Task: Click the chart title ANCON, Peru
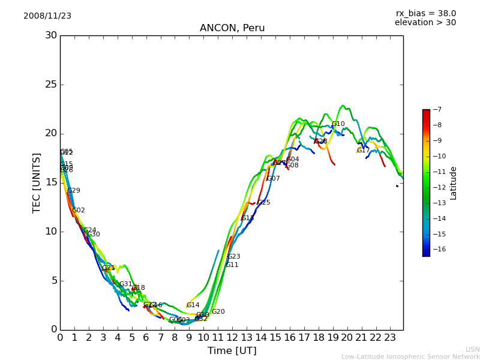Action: [x=232, y=28]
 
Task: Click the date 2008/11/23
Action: [x=47, y=16]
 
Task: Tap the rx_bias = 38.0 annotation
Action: [x=425, y=14]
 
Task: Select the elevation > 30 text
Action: [x=425, y=23]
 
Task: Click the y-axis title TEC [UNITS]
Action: [x=37, y=182]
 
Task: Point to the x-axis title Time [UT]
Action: [x=232, y=351]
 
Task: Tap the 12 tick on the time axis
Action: [x=232, y=338]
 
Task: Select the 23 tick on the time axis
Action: [x=390, y=338]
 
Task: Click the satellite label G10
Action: [x=338, y=124]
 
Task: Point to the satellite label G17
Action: [x=364, y=151]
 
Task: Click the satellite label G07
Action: [x=274, y=179]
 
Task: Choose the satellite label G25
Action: [x=264, y=203]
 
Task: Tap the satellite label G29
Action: [x=74, y=191]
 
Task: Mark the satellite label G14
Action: [x=193, y=305]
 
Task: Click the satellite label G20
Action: [x=218, y=312]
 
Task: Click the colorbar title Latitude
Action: [x=454, y=183]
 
